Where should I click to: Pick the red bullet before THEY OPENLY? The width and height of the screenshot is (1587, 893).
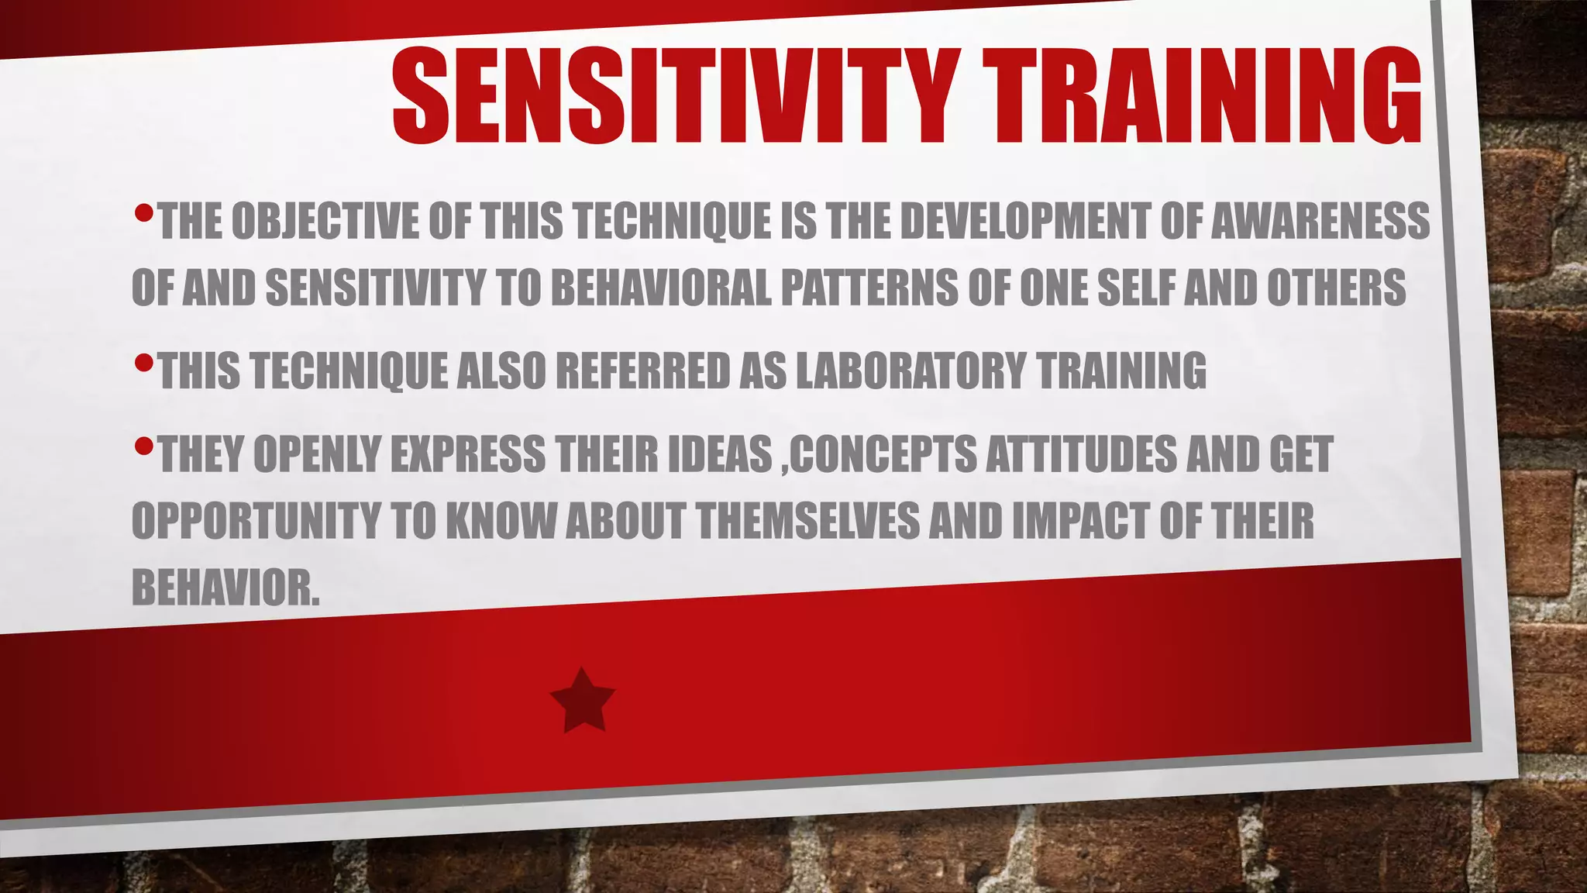[143, 446]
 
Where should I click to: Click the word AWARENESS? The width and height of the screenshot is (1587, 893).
[1320, 222]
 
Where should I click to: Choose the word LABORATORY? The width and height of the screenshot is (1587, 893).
[911, 371]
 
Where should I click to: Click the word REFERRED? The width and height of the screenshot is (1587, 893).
[642, 371]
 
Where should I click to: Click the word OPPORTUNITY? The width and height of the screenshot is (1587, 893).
[256, 521]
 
